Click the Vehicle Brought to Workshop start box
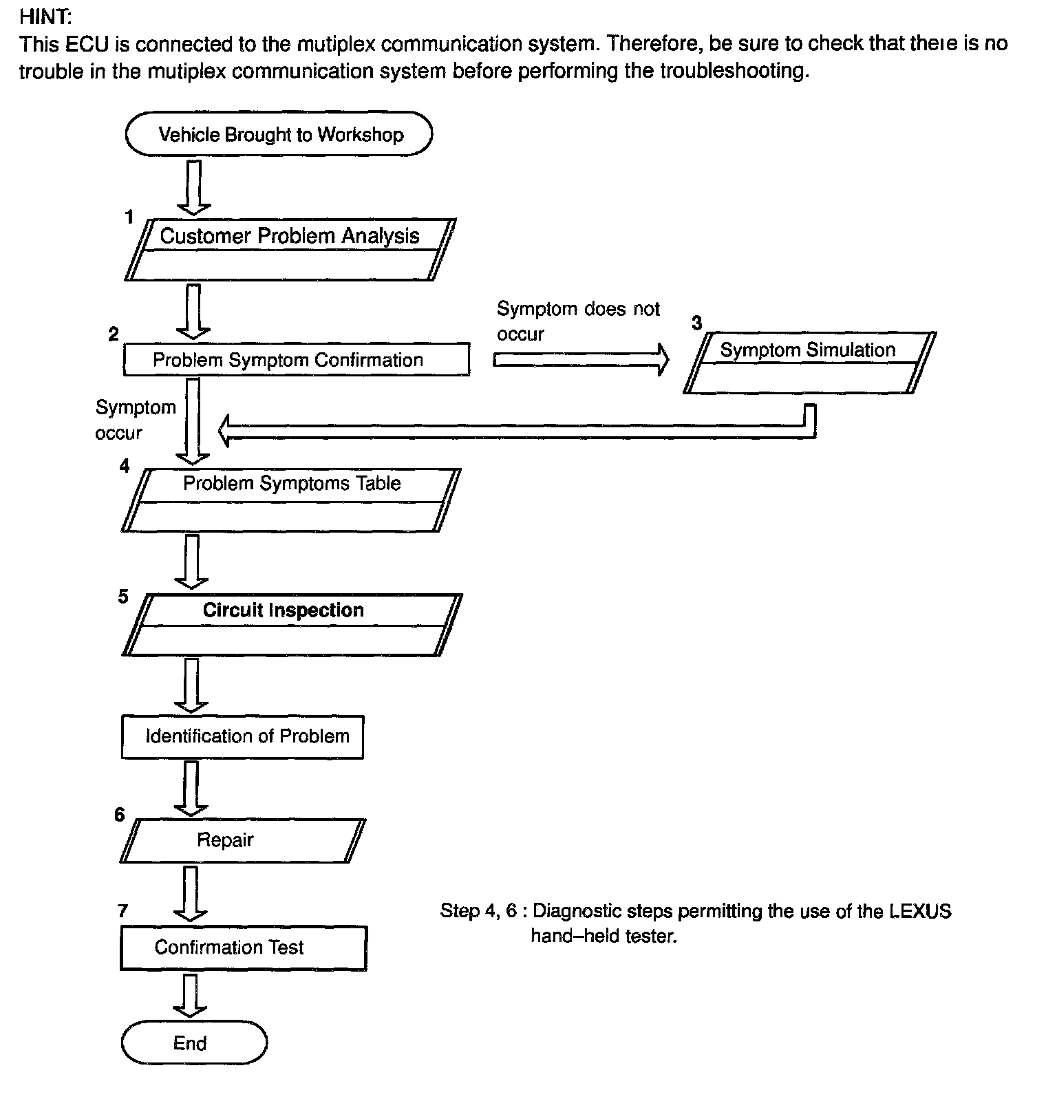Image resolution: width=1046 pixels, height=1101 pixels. (279, 134)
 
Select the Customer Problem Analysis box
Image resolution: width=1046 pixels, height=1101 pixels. (290, 249)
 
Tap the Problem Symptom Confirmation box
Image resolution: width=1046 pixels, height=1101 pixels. (297, 360)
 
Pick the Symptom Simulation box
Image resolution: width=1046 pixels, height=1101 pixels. (810, 363)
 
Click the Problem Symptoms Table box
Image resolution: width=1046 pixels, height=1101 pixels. (291, 500)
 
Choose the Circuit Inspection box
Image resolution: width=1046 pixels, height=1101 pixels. (292, 625)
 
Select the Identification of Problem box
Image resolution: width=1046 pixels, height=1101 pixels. (242, 737)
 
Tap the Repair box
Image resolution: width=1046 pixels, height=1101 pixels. (243, 841)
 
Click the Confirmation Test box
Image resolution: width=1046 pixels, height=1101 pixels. (244, 948)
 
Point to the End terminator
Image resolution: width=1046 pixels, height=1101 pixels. (194, 1043)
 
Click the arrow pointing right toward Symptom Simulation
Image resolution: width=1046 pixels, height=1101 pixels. (581, 359)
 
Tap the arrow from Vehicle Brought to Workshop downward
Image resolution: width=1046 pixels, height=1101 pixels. (193, 188)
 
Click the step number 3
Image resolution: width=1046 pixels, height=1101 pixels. (697, 323)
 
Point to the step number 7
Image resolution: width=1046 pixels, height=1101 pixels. (122, 911)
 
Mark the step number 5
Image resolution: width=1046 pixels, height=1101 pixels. (122, 597)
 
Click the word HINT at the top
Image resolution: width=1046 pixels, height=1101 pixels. (45, 17)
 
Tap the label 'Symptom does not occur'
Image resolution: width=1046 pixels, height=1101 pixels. (578, 321)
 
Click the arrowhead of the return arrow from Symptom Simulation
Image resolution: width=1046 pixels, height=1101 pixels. (228, 431)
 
